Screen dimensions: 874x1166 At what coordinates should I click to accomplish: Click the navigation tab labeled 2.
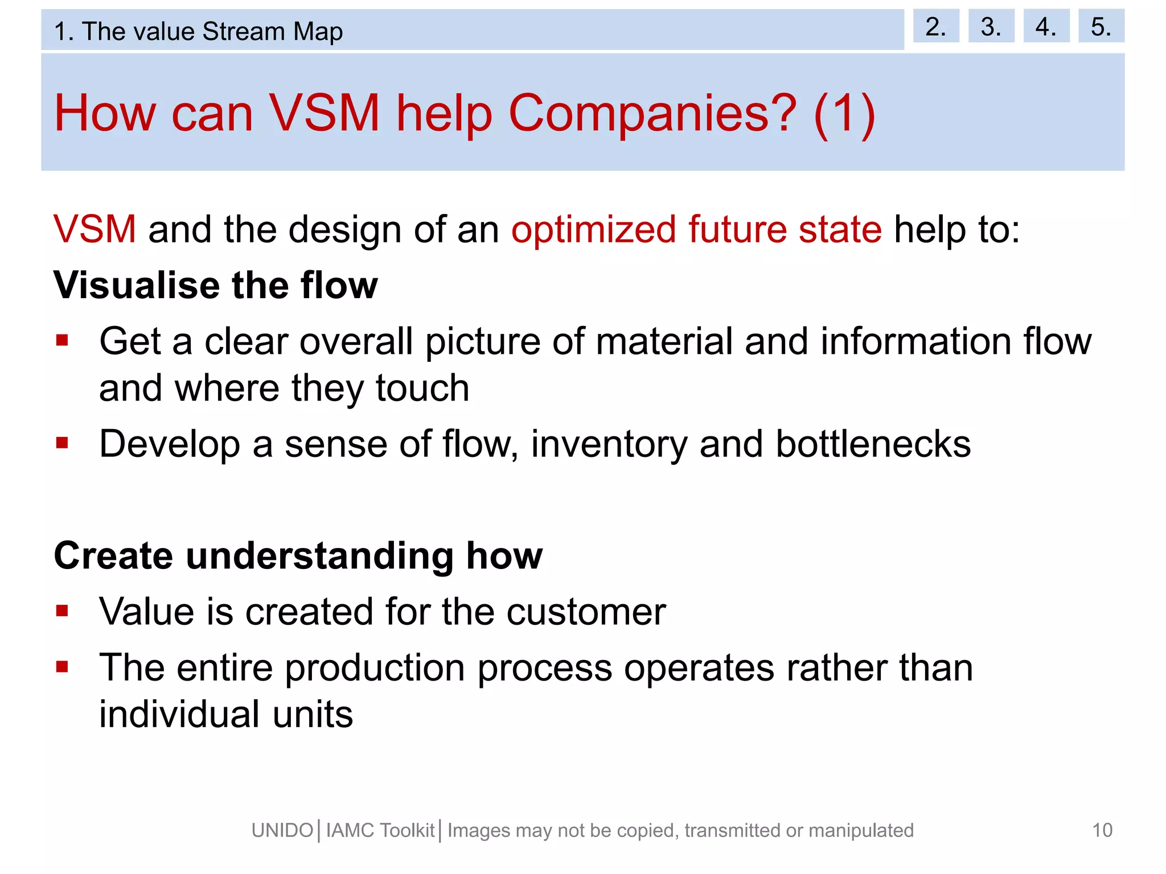(935, 26)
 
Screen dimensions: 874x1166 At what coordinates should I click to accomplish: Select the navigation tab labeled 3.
(991, 26)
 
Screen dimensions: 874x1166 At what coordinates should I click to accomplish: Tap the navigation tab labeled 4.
(1046, 26)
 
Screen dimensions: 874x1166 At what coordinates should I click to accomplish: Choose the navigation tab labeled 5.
(1101, 26)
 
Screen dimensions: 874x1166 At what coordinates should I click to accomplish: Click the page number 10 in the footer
(1102, 830)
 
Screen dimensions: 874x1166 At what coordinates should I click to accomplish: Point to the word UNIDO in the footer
(282, 830)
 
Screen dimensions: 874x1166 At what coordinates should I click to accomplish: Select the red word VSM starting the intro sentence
(95, 229)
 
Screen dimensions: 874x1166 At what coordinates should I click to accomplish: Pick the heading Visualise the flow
(215, 285)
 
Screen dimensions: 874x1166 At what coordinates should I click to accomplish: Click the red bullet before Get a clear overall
(62, 341)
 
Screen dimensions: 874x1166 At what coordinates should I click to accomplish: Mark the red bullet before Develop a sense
(62, 443)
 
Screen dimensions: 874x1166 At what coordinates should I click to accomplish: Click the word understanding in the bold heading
(319, 555)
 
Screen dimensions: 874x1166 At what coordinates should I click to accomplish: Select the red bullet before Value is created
(62, 611)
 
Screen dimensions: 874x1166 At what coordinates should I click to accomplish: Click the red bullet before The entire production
(62, 666)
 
